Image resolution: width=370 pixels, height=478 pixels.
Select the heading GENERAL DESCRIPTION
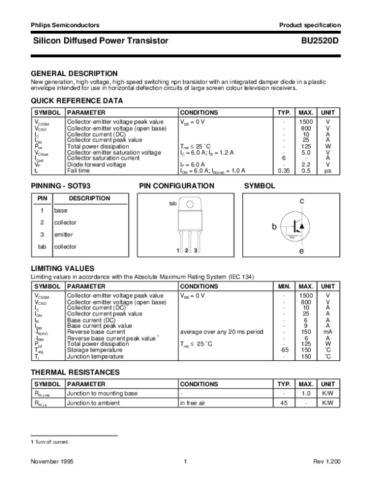click(74, 73)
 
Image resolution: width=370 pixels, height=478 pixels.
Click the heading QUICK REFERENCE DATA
click(77, 100)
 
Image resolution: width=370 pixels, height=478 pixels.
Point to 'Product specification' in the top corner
click(310, 25)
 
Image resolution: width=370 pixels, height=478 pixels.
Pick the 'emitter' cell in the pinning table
click(63, 235)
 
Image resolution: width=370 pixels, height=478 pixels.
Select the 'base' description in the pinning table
click(60, 211)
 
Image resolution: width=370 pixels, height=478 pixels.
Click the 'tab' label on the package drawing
click(173, 203)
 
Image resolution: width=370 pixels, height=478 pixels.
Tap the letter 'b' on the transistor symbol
click(275, 227)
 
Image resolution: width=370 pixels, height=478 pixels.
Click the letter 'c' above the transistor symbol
click(302, 201)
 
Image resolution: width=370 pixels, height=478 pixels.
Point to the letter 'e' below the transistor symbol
click(302, 252)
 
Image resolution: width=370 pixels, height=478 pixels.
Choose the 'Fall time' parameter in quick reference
click(79, 171)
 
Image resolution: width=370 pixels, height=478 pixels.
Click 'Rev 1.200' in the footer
click(327, 461)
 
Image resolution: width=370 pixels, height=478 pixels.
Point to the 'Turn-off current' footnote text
click(52, 442)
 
